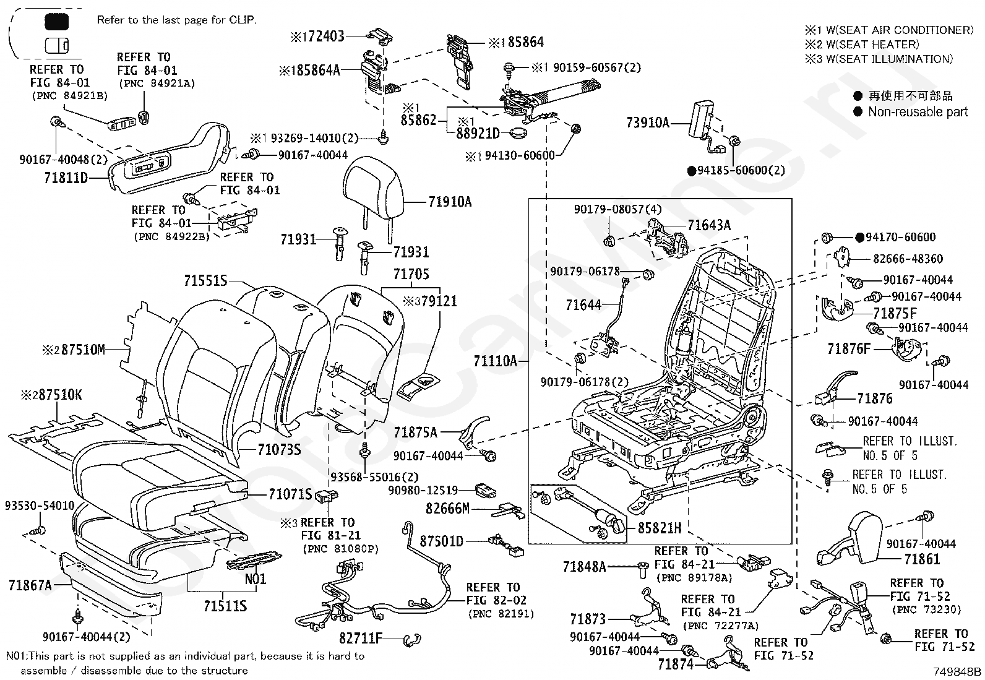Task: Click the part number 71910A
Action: (x=449, y=202)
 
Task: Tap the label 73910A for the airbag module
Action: (x=648, y=123)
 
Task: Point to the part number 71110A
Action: (x=495, y=361)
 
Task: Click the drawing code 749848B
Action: (x=957, y=671)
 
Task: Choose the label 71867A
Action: (x=30, y=585)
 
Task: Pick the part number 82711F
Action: (x=361, y=638)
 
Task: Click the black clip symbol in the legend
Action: (x=56, y=21)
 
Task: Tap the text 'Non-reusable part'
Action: (x=918, y=112)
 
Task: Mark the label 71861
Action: (x=922, y=559)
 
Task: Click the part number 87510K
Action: (x=60, y=395)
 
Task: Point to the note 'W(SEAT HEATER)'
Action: (x=872, y=45)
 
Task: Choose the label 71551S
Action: (x=205, y=280)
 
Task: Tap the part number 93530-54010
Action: (x=40, y=506)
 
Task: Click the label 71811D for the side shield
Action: (x=66, y=178)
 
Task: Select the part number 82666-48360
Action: (x=908, y=259)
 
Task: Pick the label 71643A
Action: (x=709, y=225)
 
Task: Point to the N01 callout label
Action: (x=256, y=579)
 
